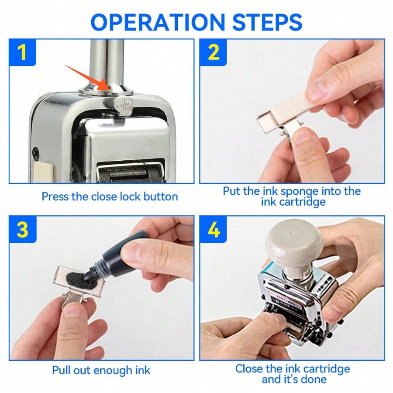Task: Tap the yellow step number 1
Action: click(x=22, y=52)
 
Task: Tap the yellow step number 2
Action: click(x=213, y=52)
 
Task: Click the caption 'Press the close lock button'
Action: click(x=110, y=196)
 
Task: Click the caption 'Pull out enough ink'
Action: click(x=101, y=370)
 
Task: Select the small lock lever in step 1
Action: click(x=120, y=105)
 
